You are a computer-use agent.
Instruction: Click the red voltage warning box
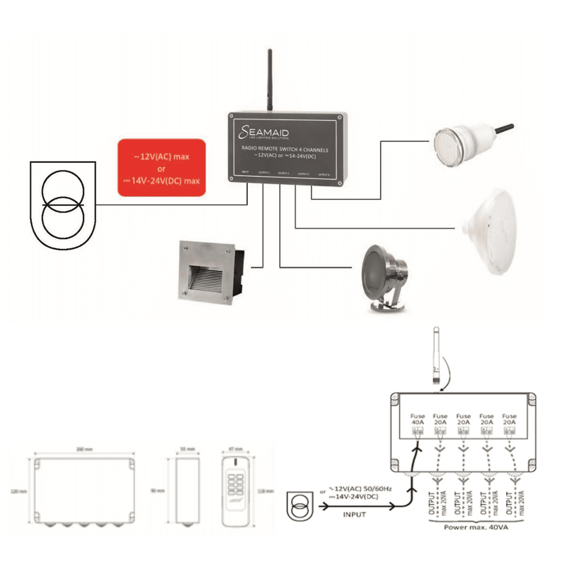[162, 167]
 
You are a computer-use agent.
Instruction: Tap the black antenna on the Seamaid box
[269, 80]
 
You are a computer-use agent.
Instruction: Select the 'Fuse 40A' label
[417, 419]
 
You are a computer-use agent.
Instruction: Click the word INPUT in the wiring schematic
[354, 514]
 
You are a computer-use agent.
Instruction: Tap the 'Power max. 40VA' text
[475, 527]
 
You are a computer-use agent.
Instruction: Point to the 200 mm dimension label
[84, 450]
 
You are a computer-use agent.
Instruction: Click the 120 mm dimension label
[18, 491]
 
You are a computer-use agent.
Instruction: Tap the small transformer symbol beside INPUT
[300, 506]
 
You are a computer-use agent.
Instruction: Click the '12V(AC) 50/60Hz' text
[361, 489]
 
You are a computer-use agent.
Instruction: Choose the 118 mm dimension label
[266, 491]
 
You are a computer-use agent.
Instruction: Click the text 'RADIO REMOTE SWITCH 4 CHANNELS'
[285, 149]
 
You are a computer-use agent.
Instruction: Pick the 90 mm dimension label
[158, 491]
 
